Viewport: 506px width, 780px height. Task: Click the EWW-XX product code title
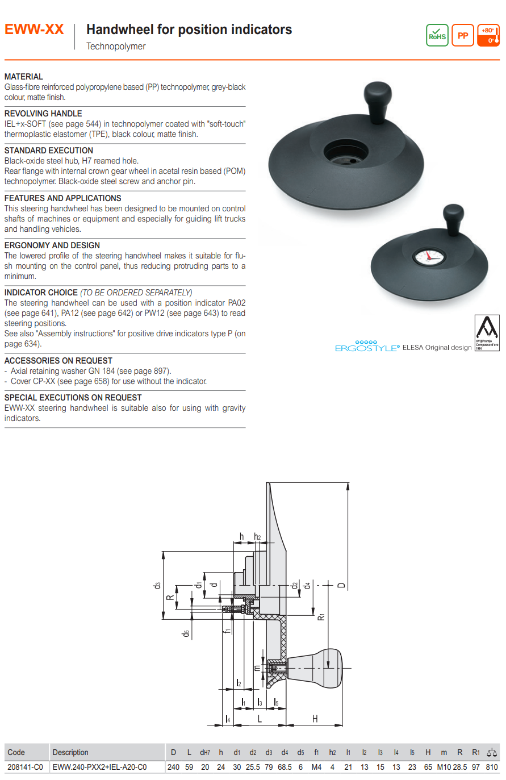pos(34,30)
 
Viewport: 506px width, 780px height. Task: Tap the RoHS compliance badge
pos(437,35)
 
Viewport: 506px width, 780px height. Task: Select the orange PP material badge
pos(463,35)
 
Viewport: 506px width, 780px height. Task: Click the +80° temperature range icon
pos(488,35)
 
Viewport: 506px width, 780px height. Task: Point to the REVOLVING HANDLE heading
pos(43,114)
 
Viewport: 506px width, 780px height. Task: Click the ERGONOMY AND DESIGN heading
pos(52,245)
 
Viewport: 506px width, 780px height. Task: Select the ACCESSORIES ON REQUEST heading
pos(58,361)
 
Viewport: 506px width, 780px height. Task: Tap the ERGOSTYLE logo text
pos(367,348)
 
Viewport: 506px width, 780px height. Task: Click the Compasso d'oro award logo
pos(487,332)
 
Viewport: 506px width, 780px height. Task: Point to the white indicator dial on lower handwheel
pos(429,257)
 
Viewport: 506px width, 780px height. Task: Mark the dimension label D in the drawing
pos(341,585)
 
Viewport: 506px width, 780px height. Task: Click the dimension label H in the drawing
pos(315,719)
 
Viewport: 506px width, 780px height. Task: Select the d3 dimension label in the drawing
pos(157,585)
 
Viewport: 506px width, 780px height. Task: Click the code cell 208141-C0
pos(25,767)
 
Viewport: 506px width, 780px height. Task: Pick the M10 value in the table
pos(444,767)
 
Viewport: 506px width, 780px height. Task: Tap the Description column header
pos(70,752)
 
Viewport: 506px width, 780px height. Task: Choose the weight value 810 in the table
pos(491,767)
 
